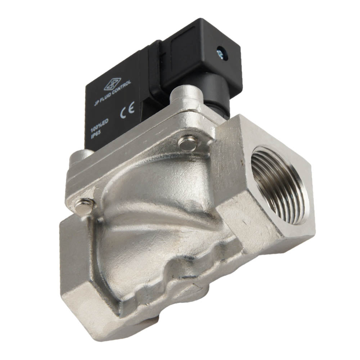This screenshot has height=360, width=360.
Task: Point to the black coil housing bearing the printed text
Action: pyautogui.click(x=112, y=108)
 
